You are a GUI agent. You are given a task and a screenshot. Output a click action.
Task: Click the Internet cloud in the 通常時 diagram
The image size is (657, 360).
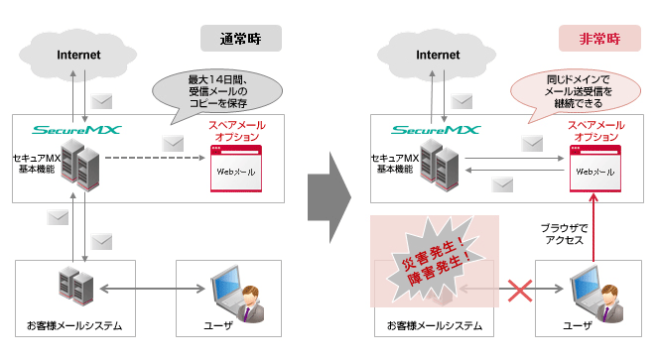[x=79, y=55]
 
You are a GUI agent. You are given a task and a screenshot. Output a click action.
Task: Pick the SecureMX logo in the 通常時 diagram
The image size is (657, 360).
[x=74, y=129]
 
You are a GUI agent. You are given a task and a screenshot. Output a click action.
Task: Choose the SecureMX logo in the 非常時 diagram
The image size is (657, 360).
[x=433, y=129]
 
